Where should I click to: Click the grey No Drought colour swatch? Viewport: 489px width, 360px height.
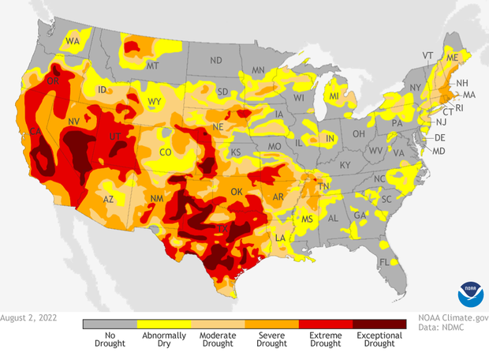(110, 323)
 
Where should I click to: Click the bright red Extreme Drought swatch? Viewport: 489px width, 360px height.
(326, 323)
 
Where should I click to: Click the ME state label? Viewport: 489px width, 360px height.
(452, 58)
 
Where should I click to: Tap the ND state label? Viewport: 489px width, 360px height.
(215, 60)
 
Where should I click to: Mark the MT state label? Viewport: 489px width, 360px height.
(153, 66)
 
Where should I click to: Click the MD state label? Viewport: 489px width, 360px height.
(439, 151)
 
